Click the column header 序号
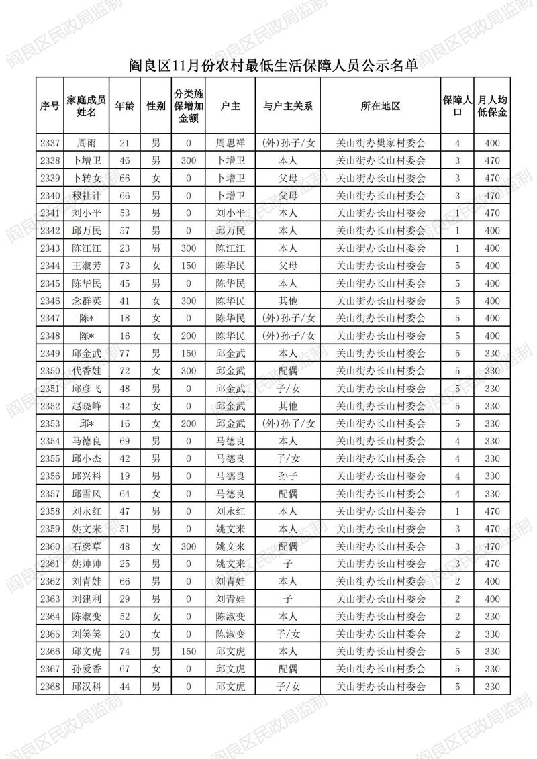coord(50,106)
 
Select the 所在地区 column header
coord(380,106)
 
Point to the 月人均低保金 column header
coord(492,106)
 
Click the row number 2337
coord(50,143)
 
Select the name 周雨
coord(87,143)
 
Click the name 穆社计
coord(87,195)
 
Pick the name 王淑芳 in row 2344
coord(87,266)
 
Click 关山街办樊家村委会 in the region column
coord(380,143)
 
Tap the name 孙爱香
coord(87,669)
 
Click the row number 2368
coord(50,687)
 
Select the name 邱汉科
coord(87,687)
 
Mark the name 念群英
coord(87,301)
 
